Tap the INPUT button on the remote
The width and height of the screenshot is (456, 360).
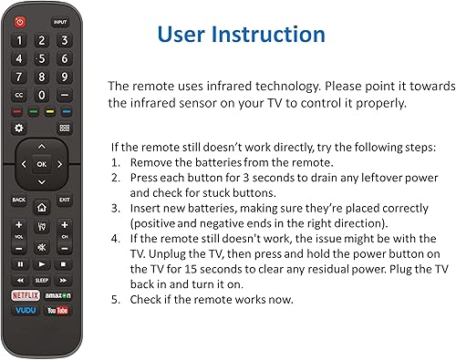60,21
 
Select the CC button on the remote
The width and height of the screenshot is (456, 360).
19,95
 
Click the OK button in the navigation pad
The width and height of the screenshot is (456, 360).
41,164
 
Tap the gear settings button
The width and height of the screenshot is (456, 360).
19,129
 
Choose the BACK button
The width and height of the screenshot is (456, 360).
19,200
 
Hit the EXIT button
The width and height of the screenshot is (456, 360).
64,200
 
